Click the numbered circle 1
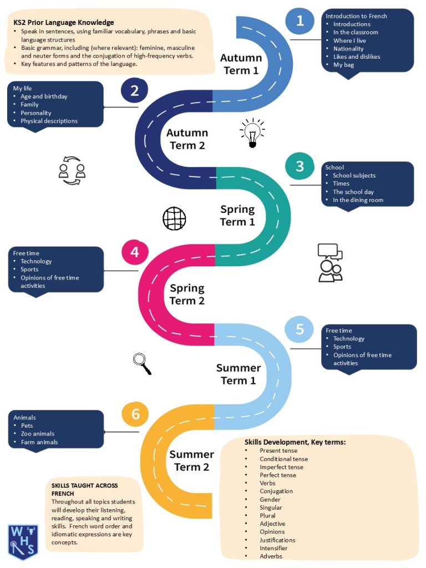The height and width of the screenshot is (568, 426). [x=300, y=21]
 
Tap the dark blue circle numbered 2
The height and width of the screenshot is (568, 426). [x=134, y=90]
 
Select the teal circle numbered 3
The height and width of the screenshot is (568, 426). [x=300, y=166]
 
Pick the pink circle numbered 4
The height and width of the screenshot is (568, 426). [x=135, y=252]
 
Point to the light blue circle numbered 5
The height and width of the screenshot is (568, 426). [x=300, y=329]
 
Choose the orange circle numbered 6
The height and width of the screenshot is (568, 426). [x=135, y=414]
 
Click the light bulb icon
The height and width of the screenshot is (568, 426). [x=252, y=133]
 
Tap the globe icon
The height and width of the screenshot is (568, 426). [x=174, y=219]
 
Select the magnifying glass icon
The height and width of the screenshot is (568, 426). [x=142, y=363]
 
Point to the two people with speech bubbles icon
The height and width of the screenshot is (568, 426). [x=331, y=262]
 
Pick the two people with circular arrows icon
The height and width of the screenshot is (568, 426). [x=72, y=170]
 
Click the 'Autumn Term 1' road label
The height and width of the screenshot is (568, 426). [x=241, y=64]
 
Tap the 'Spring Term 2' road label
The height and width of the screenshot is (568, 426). [x=187, y=294]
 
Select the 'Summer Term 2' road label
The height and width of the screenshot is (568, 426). [x=191, y=460]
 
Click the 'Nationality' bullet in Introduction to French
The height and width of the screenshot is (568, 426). [x=348, y=49]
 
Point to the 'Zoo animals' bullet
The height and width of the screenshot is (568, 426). [x=37, y=434]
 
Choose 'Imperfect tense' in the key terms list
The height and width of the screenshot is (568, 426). [x=281, y=467]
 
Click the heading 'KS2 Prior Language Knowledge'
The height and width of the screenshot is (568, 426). [x=64, y=22]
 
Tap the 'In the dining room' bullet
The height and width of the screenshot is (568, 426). [x=358, y=200]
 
